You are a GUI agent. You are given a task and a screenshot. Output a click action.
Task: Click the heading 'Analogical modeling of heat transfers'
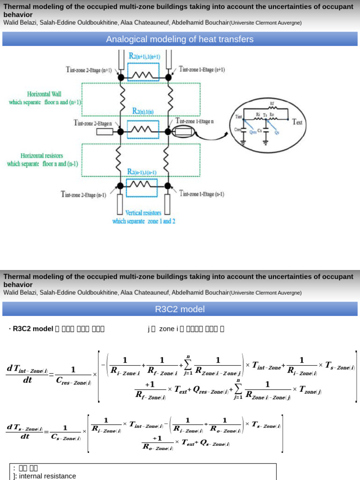(180, 39)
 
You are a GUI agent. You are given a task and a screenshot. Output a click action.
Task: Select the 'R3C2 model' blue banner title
(180, 309)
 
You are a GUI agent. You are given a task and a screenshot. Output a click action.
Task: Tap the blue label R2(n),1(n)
(143, 111)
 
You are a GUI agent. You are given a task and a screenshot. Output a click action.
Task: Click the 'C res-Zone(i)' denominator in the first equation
(74, 382)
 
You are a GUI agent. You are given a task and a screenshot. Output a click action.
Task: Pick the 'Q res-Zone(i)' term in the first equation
(207, 389)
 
